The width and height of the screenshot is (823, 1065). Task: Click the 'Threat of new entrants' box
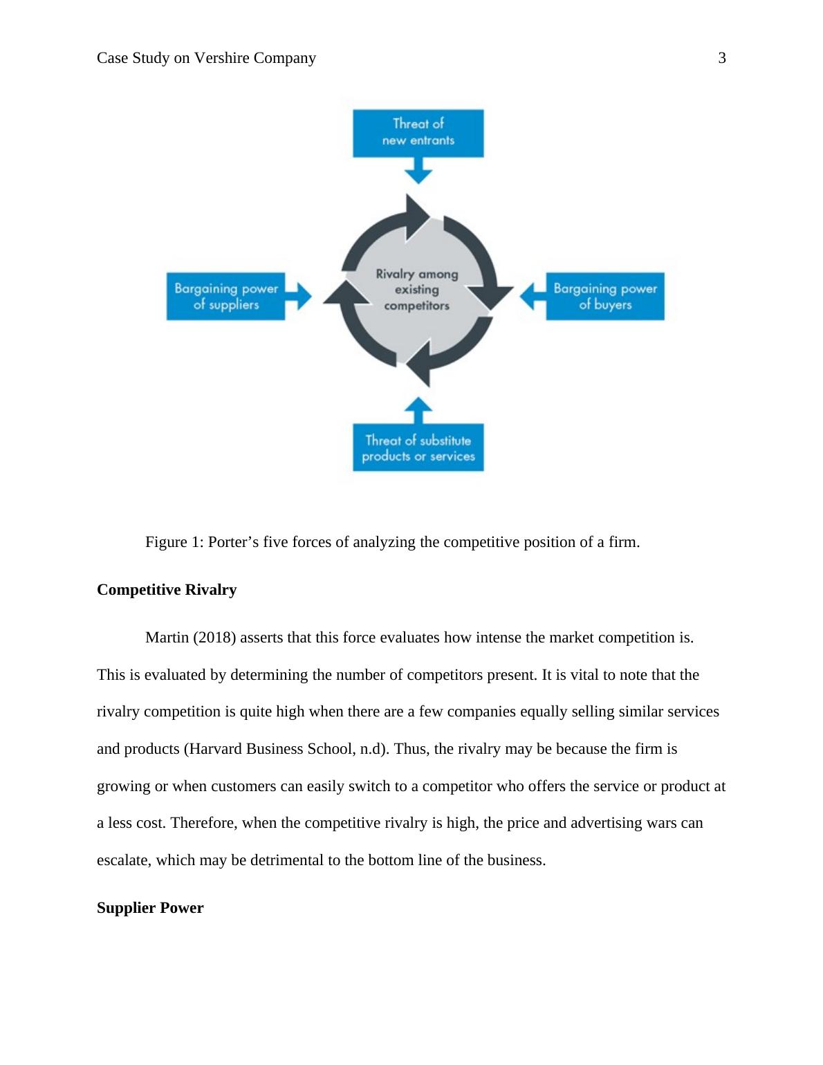(x=418, y=132)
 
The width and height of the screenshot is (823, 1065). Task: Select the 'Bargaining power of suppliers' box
(x=225, y=296)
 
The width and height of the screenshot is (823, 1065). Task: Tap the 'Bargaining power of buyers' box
(x=605, y=296)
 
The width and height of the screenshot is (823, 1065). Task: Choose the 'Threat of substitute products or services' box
(x=418, y=448)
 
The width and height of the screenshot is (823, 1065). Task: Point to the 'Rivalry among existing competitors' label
(x=417, y=290)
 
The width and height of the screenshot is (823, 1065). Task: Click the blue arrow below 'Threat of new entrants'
(x=418, y=170)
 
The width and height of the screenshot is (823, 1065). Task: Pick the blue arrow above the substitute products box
(x=418, y=409)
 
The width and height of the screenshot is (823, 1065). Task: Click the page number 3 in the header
(x=722, y=58)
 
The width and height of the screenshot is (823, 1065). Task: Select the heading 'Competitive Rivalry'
(x=167, y=590)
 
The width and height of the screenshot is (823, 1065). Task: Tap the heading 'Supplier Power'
(x=150, y=908)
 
